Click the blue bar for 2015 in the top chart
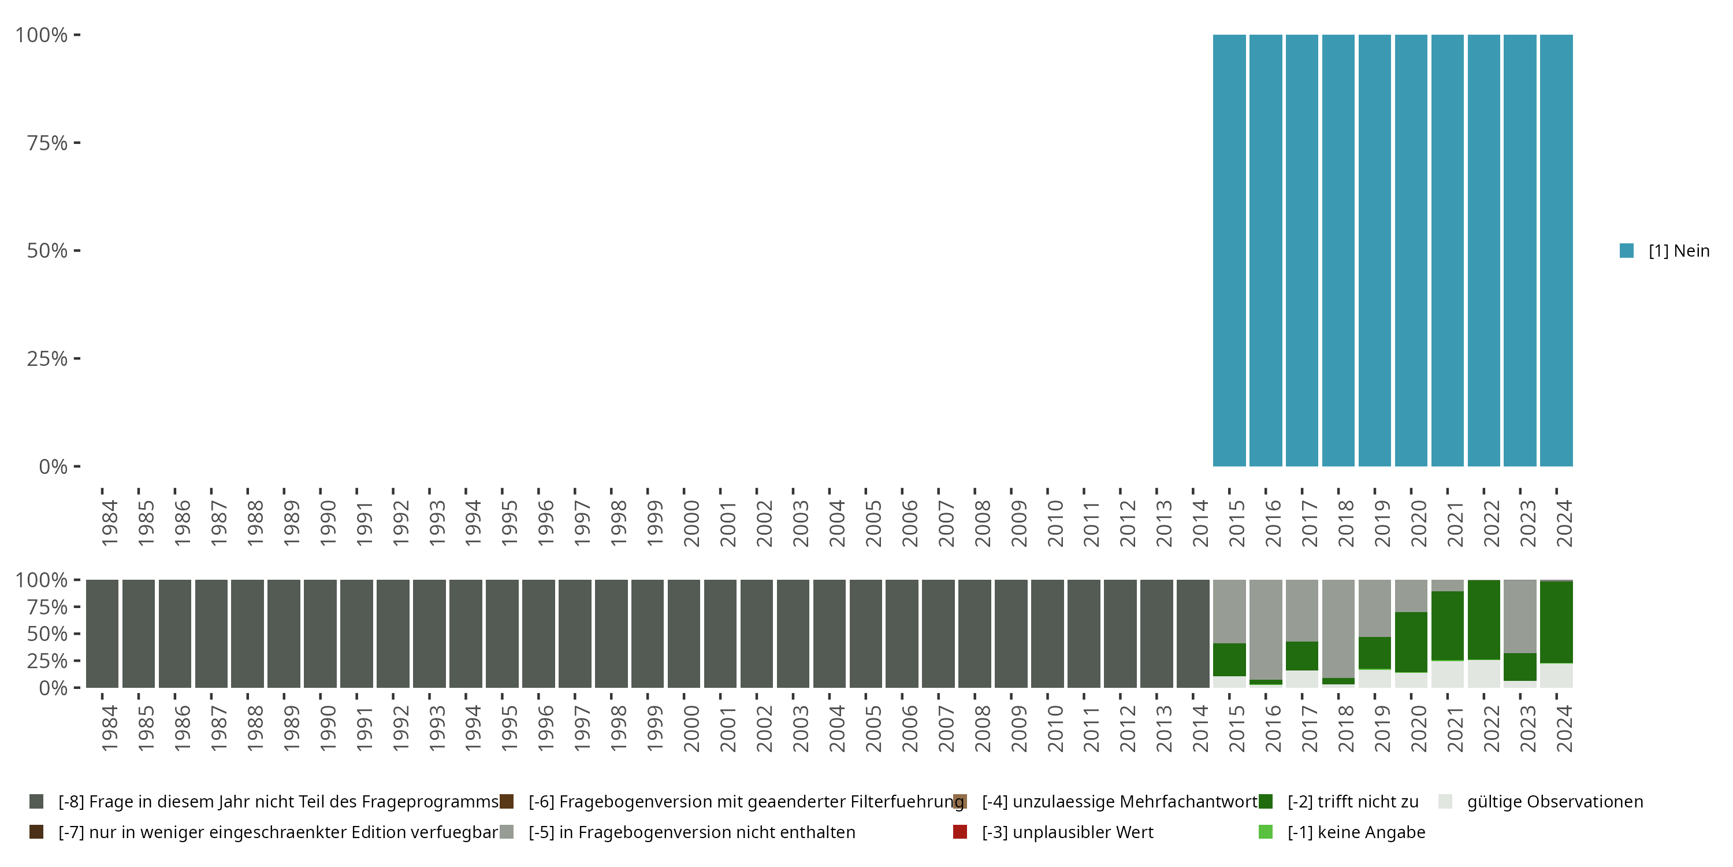[x=1229, y=250]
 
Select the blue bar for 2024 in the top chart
[x=1556, y=250]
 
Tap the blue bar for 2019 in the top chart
[x=1374, y=250]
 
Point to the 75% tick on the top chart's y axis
[x=47, y=143]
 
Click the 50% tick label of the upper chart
[x=47, y=250]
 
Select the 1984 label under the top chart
[x=110, y=523]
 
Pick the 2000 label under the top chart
[x=691, y=523]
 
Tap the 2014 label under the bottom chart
[x=1201, y=728]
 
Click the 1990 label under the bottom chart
[x=328, y=728]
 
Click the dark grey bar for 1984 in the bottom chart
[x=102, y=633]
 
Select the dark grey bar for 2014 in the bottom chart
[x=1193, y=633]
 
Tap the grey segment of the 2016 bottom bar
[x=1266, y=629]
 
